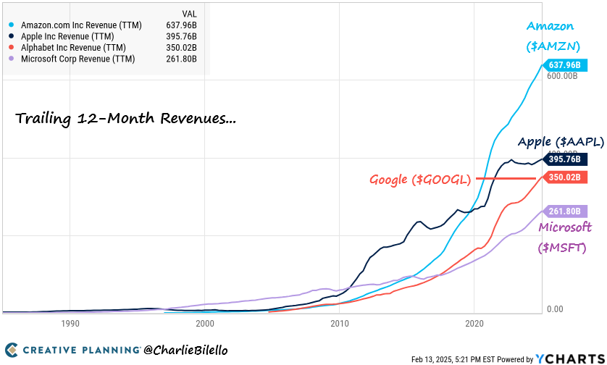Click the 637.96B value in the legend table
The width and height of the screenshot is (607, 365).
182,24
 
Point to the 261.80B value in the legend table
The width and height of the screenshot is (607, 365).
182,59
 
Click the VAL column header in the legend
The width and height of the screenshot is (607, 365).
189,12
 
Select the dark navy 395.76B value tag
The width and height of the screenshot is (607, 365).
563,159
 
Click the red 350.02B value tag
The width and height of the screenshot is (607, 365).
563,177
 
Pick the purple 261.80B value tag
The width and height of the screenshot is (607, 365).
563,211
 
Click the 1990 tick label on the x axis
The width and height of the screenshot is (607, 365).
70,324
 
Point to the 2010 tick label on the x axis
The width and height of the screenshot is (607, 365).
340,324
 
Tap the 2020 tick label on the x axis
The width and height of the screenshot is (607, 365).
474,324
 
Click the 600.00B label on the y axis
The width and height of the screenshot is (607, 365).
562,76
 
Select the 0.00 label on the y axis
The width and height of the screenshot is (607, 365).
554,309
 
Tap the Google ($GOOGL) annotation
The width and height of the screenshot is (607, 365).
421,179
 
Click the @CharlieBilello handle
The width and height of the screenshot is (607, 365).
185,351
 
